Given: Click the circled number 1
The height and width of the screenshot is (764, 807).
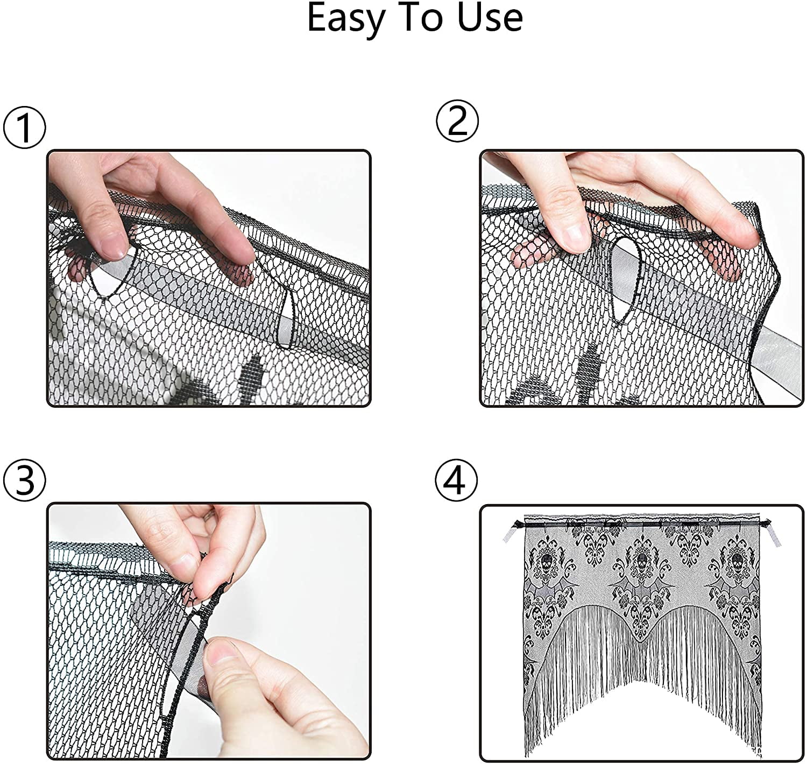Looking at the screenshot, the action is coord(24,128).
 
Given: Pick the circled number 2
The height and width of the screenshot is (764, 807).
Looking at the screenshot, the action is coord(457,121).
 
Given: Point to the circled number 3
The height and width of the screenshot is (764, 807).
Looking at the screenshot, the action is coord(24,480).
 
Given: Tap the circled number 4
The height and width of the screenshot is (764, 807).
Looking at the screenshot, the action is coord(456,480).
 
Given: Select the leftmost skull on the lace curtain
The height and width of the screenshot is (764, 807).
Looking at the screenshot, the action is coord(547,561).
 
